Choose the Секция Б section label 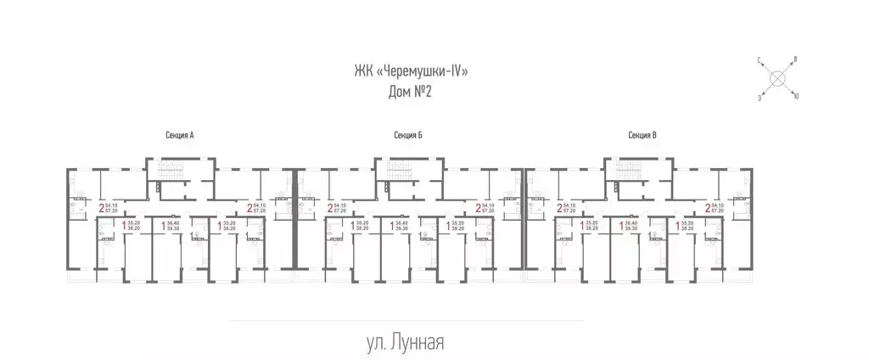pyautogui.click(x=408, y=135)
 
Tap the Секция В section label pyautogui.click(x=642, y=135)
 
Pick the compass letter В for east pyautogui.click(x=794, y=59)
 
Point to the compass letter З pyautogui.click(x=760, y=98)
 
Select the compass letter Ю pyautogui.click(x=795, y=97)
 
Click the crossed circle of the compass pyautogui.click(x=777, y=79)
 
